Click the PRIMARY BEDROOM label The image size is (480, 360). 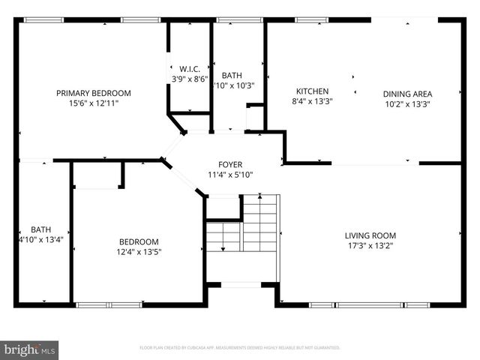[94, 93]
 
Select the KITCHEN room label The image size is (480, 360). [312, 91]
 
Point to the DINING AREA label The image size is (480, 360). [407, 94]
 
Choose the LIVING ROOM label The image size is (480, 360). [370, 235]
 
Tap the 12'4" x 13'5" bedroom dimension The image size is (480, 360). [139, 252]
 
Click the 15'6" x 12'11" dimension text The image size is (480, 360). [94, 103]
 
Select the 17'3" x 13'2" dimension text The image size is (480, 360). [370, 245]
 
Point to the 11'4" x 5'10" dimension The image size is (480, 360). [230, 175]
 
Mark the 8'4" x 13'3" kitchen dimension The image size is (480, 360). [312, 101]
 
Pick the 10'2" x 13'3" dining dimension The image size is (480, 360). [407, 104]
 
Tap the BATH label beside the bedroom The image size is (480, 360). [40, 229]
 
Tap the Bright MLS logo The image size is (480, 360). [30, 349]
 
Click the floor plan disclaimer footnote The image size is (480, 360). [240, 348]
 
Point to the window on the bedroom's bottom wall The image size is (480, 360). [109, 304]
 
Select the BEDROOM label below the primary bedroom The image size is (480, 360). [139, 241]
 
